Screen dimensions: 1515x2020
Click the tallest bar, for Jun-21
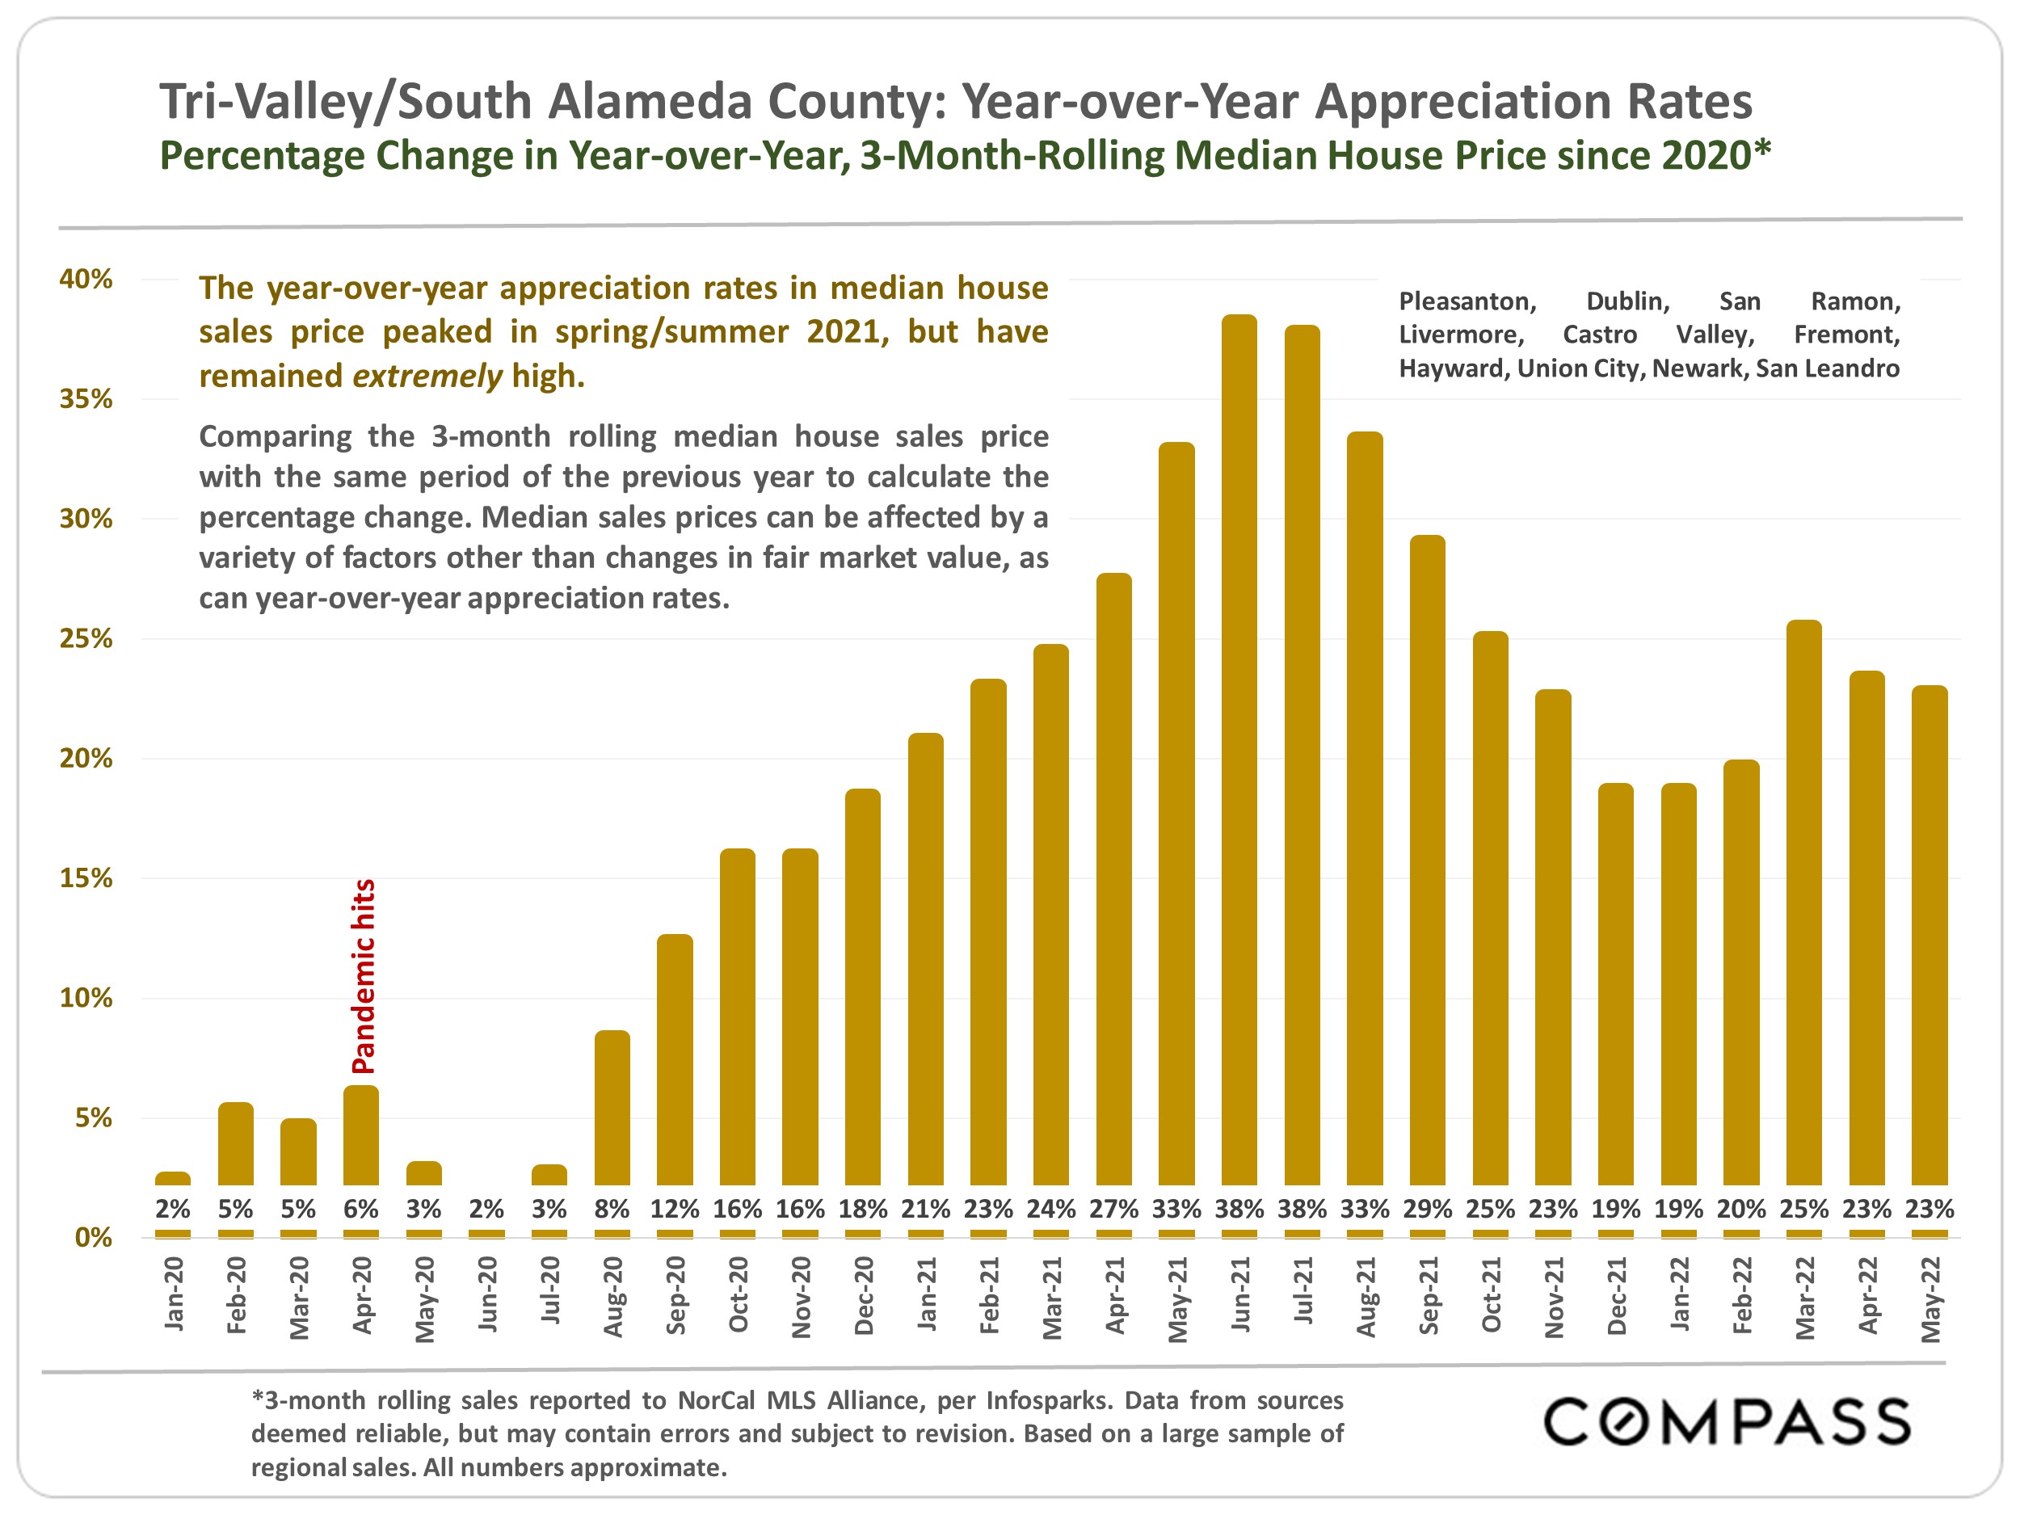pos(1239,749)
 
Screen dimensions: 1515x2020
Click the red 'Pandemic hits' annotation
pos(364,975)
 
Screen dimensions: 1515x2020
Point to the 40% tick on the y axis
pos(86,279)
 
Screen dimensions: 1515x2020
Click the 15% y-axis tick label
pos(86,877)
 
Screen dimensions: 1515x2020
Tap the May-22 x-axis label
pos(1930,1298)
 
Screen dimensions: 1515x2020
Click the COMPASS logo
pos(1726,1421)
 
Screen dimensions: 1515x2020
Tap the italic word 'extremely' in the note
pos(427,376)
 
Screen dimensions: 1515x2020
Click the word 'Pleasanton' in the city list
pos(1467,301)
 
